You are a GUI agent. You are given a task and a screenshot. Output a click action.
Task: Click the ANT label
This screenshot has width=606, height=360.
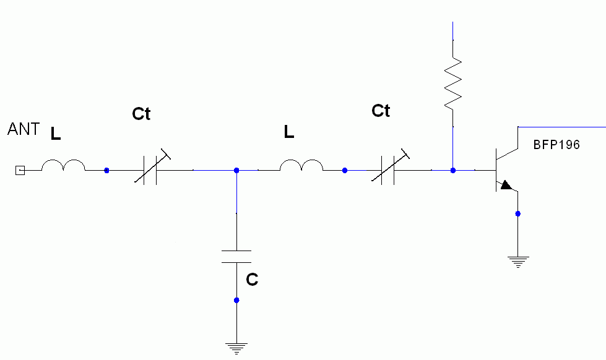[x=24, y=130]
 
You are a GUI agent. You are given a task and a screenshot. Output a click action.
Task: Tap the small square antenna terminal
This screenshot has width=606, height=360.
[x=20, y=170]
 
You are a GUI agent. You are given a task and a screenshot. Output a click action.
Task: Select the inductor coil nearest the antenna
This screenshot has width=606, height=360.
[x=63, y=165]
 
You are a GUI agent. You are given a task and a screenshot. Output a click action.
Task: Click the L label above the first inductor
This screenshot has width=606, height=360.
[x=56, y=134]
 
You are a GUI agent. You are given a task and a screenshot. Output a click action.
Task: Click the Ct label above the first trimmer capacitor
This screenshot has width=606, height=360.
[x=141, y=114]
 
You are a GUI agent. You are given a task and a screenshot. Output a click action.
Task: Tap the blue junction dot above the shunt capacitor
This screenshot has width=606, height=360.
[x=236, y=170]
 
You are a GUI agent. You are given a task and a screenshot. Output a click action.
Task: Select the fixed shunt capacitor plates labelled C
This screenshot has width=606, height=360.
[x=236, y=257]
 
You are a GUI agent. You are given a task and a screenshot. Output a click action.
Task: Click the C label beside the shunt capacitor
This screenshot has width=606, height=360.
[x=252, y=280]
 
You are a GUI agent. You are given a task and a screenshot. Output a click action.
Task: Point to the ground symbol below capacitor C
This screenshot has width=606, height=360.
[x=236, y=348]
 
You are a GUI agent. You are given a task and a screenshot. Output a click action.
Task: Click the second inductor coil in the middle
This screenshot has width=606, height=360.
[x=301, y=165]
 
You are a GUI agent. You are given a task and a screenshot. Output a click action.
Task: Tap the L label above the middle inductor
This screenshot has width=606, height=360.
[x=289, y=131]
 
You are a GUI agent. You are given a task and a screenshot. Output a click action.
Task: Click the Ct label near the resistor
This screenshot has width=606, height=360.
[x=381, y=111]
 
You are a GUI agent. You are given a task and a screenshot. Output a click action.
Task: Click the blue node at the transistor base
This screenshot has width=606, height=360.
[x=453, y=170]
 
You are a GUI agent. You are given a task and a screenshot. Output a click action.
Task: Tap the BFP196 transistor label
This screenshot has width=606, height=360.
[x=556, y=145]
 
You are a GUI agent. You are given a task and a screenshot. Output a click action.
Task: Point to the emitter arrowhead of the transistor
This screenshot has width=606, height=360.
[x=507, y=185]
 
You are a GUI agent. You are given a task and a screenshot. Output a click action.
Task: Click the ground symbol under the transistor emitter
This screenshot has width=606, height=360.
[x=518, y=262]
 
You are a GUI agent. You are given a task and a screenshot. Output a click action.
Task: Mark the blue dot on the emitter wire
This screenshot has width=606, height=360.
[x=518, y=214]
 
